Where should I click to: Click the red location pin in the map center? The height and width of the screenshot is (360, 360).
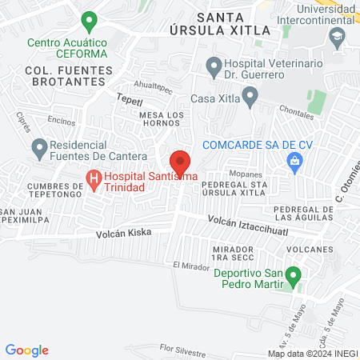click(x=180, y=161)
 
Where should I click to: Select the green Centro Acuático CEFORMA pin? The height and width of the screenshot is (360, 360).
click(x=90, y=19)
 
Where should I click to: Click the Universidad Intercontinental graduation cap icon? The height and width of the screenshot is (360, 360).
click(x=338, y=37)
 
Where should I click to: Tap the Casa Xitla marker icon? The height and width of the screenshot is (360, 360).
click(x=250, y=98)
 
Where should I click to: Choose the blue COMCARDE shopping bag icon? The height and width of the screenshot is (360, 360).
click(x=294, y=162)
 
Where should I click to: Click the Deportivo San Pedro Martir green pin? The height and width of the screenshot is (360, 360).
click(x=294, y=278)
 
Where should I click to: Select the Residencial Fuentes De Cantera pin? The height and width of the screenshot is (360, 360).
click(x=38, y=147)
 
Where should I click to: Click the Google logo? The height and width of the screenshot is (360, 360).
click(x=27, y=350)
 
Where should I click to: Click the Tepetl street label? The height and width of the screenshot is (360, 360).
click(x=129, y=101)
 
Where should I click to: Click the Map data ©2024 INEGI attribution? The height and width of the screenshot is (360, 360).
click(x=312, y=353)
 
